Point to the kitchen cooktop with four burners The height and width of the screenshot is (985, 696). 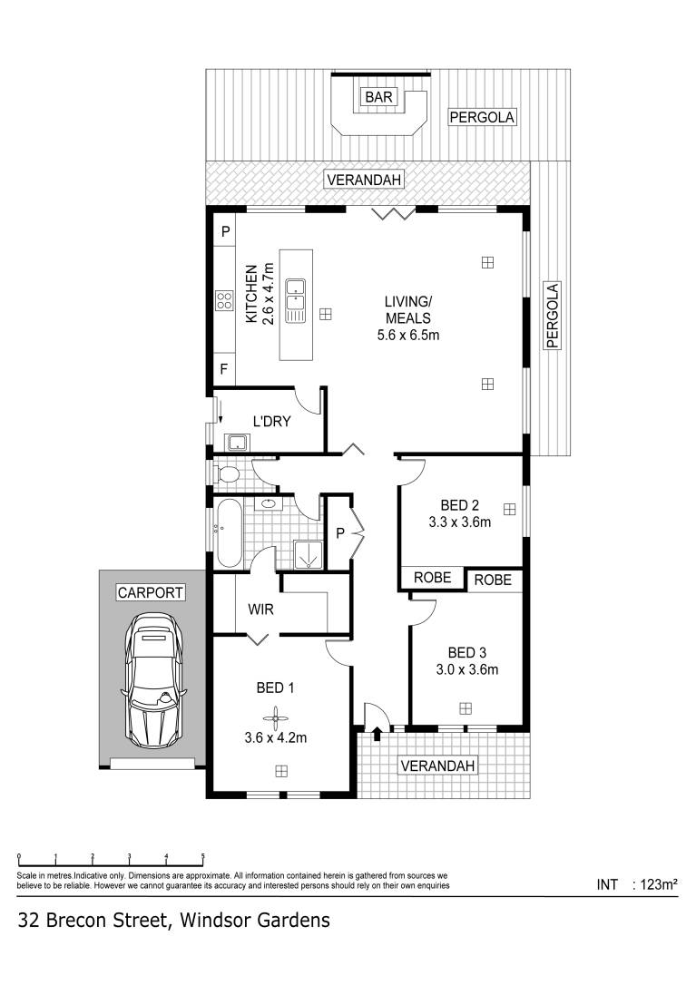point(223,301)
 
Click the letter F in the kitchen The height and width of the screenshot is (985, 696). point(224,370)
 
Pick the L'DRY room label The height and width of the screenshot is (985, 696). point(271,421)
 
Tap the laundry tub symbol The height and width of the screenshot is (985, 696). point(238,443)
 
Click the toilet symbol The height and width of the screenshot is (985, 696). point(226,473)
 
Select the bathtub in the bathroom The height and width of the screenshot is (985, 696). point(228,533)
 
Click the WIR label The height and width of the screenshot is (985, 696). point(260,610)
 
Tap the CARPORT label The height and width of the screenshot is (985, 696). point(150,593)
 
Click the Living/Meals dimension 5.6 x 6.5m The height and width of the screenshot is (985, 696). point(407,336)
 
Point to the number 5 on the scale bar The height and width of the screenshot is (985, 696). point(202,857)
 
